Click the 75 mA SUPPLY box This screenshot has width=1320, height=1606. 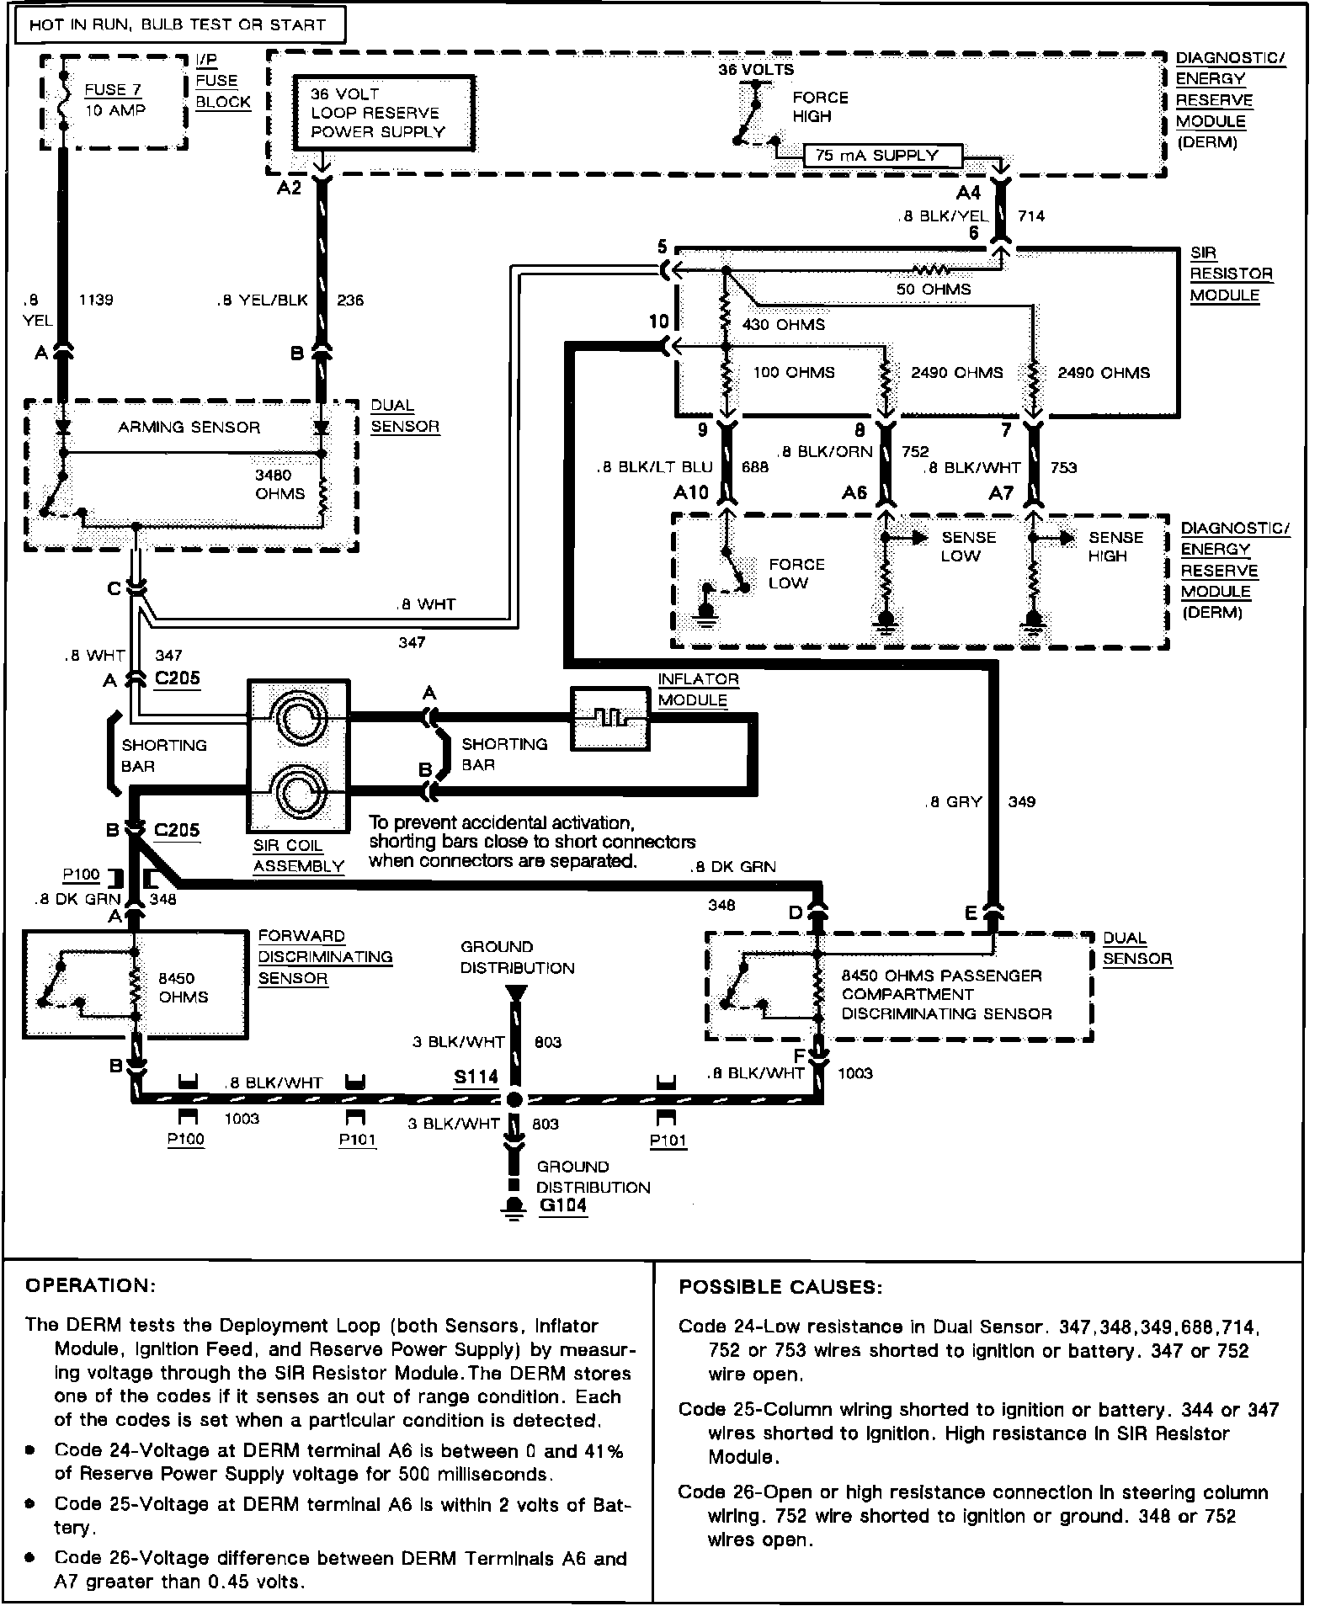883,156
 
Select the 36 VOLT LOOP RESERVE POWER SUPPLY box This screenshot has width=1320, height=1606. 383,113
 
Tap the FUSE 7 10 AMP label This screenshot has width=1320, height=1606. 115,100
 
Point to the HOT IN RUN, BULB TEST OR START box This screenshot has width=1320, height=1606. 177,25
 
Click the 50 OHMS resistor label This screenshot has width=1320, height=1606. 933,290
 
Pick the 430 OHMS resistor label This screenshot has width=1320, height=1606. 783,324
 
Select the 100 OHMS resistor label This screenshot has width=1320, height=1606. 793,372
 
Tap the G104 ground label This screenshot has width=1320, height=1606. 562,1205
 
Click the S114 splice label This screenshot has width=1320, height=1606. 476,1077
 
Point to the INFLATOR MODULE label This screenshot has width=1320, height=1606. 698,689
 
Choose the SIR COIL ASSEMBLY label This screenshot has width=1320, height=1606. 298,856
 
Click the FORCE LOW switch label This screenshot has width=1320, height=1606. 796,573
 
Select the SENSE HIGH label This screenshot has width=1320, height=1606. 1115,546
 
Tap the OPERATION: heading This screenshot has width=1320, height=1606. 91,1286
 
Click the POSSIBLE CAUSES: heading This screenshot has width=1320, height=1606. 780,1287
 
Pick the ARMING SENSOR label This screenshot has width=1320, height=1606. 189,428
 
